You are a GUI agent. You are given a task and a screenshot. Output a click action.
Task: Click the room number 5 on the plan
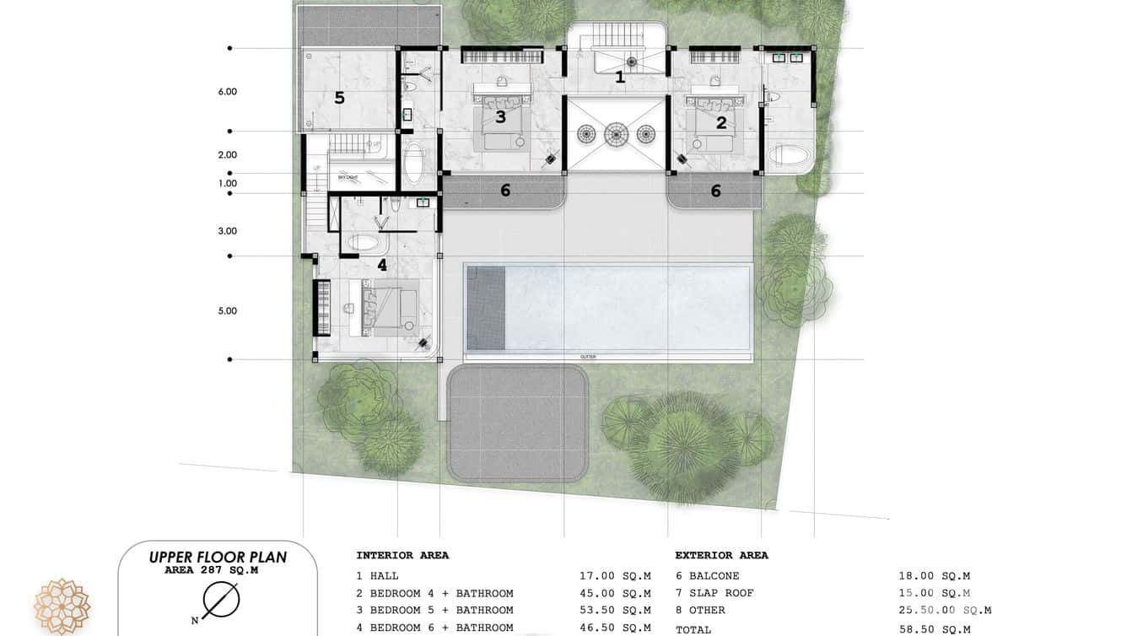point(339,98)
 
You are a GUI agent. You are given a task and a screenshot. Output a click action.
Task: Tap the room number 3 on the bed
point(500,117)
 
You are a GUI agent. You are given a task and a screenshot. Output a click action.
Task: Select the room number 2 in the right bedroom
point(721,122)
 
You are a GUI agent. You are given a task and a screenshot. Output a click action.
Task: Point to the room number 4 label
point(381,265)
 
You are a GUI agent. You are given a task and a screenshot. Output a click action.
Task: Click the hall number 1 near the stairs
point(620,78)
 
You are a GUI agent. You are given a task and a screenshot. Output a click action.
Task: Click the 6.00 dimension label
point(228,91)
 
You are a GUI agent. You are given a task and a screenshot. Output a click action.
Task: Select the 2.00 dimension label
point(228,154)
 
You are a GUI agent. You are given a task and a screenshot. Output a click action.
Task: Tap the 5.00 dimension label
point(228,310)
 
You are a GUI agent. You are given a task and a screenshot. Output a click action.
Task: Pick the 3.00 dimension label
point(228,230)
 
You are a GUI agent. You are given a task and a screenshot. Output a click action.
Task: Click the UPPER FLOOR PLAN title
point(218,557)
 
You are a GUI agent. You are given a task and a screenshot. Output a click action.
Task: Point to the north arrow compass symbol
point(221,600)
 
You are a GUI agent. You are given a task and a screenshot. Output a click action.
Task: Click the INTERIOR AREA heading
point(402,555)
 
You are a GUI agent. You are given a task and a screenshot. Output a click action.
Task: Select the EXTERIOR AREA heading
point(721,555)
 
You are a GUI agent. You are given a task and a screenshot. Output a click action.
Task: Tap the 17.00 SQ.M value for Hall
point(615,576)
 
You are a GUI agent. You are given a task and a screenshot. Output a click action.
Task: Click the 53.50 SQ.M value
point(615,610)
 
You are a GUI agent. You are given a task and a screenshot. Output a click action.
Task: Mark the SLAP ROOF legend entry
point(714,593)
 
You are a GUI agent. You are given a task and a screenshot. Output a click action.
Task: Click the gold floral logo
point(62,606)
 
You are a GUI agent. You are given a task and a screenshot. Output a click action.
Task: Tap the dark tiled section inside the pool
point(486,308)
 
